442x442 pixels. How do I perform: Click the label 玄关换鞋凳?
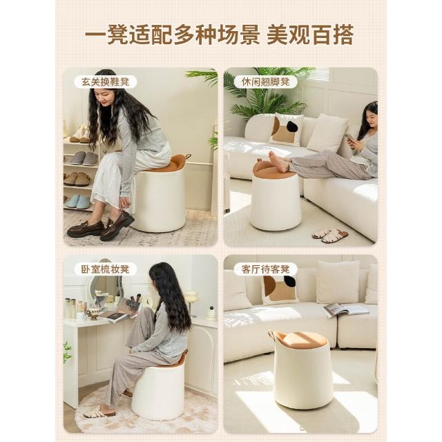pyautogui.click(x=106, y=82)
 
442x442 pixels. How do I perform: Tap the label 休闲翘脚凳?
pyautogui.click(x=265, y=82)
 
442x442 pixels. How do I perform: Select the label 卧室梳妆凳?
pyautogui.click(x=106, y=269)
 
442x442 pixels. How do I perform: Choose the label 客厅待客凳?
pyautogui.click(x=265, y=269)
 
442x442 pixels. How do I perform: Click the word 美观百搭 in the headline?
pyautogui.click(x=310, y=35)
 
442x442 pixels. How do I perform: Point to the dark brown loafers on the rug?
pyautogui.click(x=100, y=227)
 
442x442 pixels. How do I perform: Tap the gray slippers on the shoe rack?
pyautogui.click(x=84, y=158)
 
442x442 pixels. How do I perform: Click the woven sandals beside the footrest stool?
pyautogui.click(x=330, y=235)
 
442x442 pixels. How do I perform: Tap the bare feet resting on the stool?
pyautogui.click(x=278, y=162)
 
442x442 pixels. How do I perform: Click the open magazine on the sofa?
pyautogui.click(x=345, y=310)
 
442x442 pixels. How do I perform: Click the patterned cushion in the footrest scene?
pyautogui.click(x=286, y=130)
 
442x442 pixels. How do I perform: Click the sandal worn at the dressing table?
pyautogui.click(x=99, y=413)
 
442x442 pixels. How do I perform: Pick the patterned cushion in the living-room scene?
pyautogui.click(x=279, y=290)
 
